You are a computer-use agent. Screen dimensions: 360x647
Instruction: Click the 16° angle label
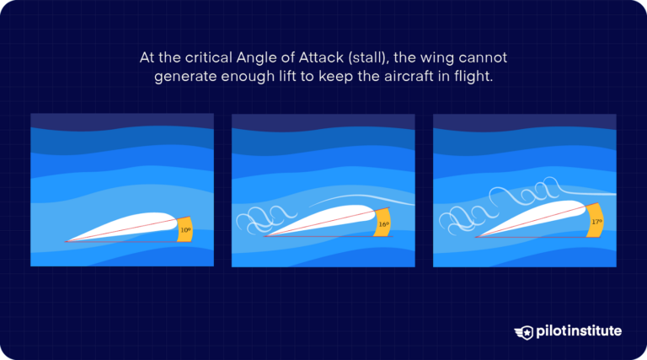(383, 224)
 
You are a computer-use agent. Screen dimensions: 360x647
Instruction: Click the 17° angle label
(596, 222)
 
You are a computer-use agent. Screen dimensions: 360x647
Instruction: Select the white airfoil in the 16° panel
(333, 221)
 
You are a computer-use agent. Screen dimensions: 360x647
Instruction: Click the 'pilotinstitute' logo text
(580, 331)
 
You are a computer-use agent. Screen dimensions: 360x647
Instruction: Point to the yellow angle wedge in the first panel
(185, 228)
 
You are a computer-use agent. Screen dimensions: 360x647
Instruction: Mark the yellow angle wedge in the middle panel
(383, 223)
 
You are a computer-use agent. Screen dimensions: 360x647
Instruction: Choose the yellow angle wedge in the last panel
(596, 220)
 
